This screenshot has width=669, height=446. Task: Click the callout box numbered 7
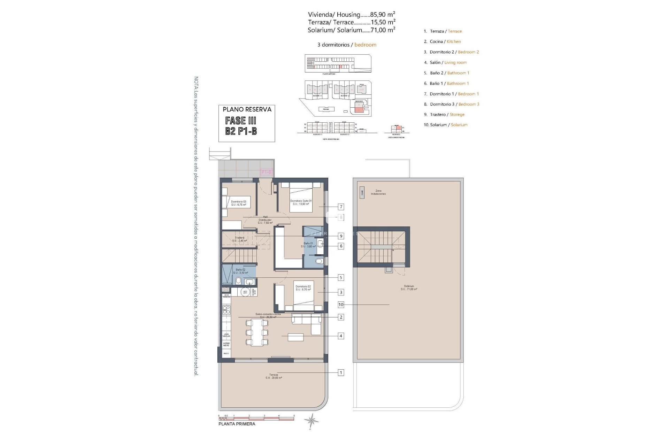(341, 207)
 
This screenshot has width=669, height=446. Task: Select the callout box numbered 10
(341, 305)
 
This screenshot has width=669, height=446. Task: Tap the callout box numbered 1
(341, 372)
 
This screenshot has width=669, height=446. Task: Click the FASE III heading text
(241, 121)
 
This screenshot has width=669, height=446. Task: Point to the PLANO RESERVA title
(247, 109)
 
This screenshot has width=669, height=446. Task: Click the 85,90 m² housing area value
(383, 15)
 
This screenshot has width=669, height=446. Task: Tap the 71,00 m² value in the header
(383, 30)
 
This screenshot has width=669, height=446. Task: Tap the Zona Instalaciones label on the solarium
(378, 192)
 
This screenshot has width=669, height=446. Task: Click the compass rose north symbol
(311, 421)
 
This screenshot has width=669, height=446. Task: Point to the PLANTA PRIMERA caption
(237, 424)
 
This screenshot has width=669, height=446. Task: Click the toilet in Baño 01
(319, 261)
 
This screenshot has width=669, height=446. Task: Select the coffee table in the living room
(295, 337)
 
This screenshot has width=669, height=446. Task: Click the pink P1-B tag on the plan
(267, 172)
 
